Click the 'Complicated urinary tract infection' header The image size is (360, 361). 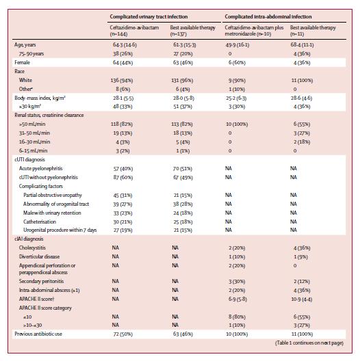tap(149, 16)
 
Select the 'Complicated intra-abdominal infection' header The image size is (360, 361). tap(268, 16)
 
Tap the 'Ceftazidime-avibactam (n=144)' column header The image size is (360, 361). tap(134, 31)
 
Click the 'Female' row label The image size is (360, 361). tap(22, 62)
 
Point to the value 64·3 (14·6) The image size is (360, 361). tap(125, 45)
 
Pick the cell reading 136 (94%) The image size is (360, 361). tap(122, 81)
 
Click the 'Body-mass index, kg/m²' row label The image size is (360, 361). tap(40, 98)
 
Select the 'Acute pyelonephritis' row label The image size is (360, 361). tap(41, 168)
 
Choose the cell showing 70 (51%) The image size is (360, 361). tap(183, 169)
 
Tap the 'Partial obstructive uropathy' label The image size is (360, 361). tap(53, 196)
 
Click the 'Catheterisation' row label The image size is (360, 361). tap(40, 222)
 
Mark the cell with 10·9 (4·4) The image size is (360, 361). tap(301, 299)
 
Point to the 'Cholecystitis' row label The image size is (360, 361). tap(32, 248)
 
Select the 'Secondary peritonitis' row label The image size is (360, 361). tap(41, 281)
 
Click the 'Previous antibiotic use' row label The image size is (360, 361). tap(38, 334)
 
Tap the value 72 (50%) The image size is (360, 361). tap(123, 334)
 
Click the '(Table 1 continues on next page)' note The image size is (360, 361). tap(309, 343)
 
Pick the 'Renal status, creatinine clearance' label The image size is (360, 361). tap(49, 116)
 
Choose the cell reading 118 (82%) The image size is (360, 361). tap(122, 124)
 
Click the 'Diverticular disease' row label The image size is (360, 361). tap(39, 256)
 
